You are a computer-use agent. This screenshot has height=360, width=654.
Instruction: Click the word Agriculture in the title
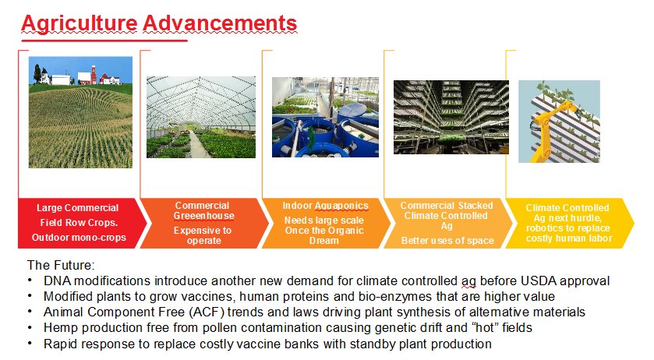[79, 23]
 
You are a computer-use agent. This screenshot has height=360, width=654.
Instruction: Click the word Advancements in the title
[220, 23]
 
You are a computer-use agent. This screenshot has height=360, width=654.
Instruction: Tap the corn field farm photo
[80, 112]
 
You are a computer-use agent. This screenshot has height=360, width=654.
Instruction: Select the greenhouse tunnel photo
[201, 117]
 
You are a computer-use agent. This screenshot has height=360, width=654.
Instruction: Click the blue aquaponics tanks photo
[325, 117]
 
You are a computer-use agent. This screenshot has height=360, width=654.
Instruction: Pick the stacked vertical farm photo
[451, 117]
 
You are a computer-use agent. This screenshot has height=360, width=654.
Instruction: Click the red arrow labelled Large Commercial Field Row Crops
[82, 223]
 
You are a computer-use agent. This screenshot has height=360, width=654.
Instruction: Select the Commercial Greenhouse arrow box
[204, 223]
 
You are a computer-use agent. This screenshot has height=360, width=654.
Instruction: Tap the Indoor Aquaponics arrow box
[326, 223]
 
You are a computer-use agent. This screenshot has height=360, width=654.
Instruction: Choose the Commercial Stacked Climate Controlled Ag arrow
[448, 223]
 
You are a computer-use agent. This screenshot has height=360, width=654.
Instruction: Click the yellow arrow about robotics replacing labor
[570, 223]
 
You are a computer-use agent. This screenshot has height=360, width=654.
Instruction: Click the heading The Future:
[61, 265]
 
